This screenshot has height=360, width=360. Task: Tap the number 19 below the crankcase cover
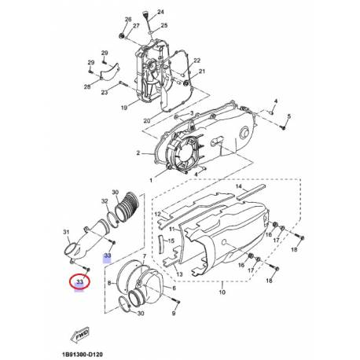(124, 107)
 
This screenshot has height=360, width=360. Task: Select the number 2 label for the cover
(138, 152)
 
